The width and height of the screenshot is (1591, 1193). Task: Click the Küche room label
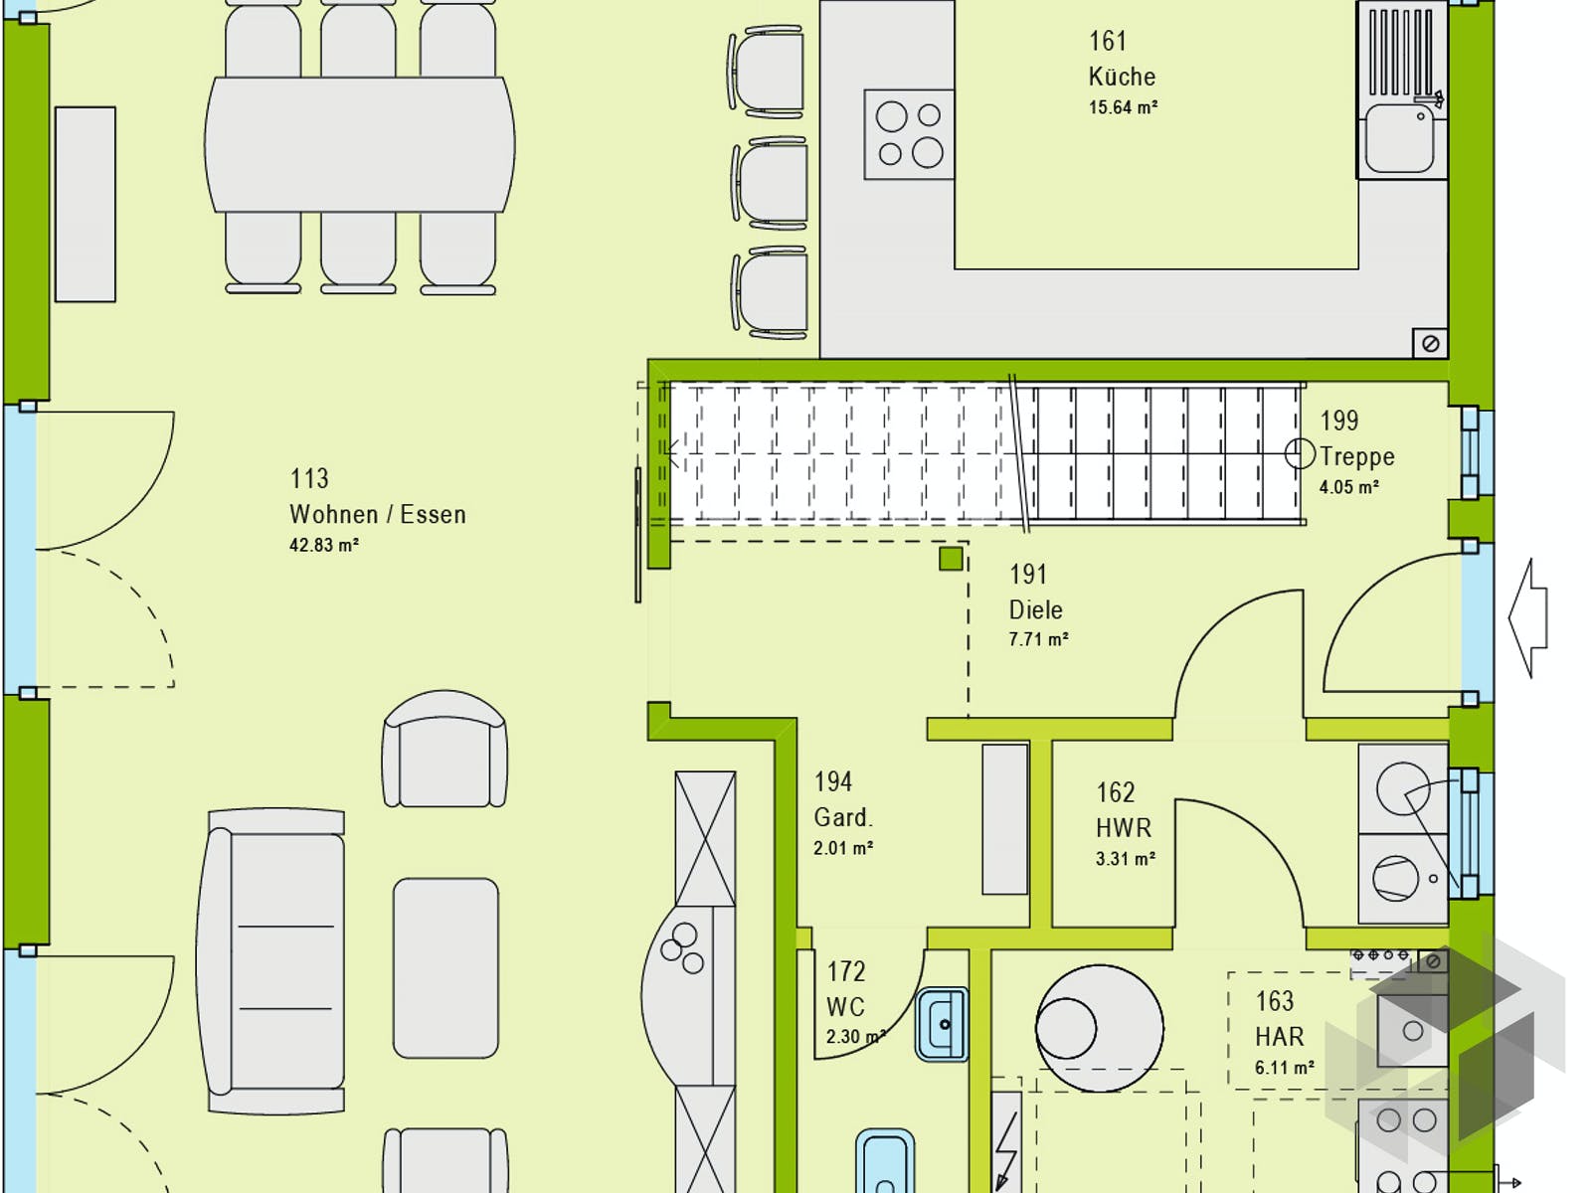1121,77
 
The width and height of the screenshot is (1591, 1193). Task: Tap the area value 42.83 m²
323,545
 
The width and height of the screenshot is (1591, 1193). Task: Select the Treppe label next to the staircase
1356,456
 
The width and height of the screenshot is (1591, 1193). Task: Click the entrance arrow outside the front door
1528,617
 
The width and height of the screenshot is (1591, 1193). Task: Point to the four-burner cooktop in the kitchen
909,134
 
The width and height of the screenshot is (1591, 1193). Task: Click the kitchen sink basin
1399,140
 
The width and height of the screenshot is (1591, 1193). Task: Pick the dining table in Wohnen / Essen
359,144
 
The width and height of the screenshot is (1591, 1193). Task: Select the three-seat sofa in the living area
275,961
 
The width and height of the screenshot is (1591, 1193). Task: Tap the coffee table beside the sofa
445,967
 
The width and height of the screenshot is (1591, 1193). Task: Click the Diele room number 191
1027,575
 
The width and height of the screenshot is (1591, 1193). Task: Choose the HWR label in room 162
1123,828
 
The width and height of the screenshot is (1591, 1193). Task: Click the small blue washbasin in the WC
942,1024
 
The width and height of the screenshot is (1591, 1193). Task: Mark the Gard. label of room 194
842,817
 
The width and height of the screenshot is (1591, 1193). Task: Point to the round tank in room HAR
1099,1028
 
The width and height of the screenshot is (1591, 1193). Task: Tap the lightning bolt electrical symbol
1006,1143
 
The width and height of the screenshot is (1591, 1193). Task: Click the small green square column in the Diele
951,559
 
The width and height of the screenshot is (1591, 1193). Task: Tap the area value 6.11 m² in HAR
1284,1068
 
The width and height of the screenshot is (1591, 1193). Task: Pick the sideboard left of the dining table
86,204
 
